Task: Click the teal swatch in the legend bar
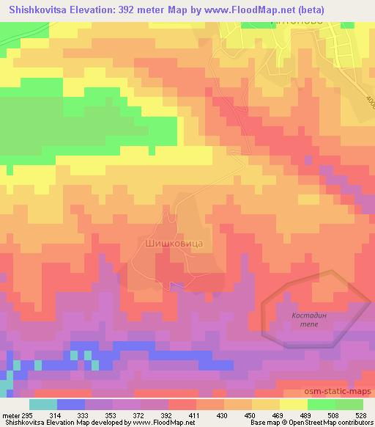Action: (44, 404)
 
